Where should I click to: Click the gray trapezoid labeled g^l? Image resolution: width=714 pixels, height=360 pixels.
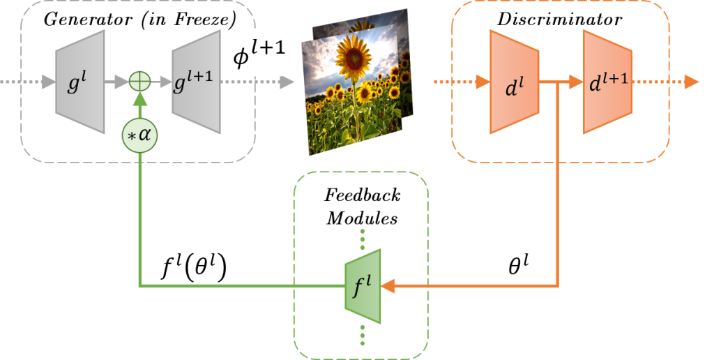point(80,82)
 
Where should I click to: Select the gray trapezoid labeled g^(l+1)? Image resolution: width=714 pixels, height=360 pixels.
point(196,82)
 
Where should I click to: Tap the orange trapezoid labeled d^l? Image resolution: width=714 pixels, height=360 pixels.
point(514,82)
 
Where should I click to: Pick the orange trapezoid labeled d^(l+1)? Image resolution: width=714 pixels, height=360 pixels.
point(607,82)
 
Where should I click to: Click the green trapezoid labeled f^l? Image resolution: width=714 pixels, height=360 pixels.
point(363,285)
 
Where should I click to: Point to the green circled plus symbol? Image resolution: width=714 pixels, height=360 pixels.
point(141,82)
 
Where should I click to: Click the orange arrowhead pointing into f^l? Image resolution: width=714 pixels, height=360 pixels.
point(388,285)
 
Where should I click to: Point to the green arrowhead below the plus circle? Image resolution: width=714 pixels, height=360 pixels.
point(140,100)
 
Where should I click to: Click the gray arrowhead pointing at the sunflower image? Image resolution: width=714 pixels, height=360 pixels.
point(287,82)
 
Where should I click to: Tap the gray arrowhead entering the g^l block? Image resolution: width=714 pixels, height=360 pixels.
point(48,82)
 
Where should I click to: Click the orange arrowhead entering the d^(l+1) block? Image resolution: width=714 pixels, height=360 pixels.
point(577,82)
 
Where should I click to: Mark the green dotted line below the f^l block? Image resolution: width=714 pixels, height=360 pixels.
point(363,334)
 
